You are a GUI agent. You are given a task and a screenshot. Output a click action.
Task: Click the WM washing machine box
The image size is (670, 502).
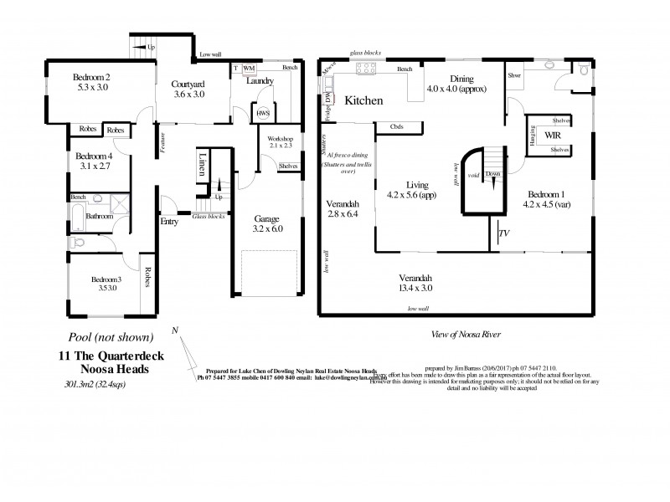pyautogui.click(x=249, y=68)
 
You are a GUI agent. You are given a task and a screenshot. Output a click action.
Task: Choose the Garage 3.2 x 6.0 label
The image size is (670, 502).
pyautogui.click(x=269, y=219)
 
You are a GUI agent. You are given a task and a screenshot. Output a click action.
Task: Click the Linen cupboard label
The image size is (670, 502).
pyautogui.click(x=201, y=164)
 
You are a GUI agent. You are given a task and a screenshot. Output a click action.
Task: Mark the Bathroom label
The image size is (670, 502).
pyautogui.click(x=98, y=215)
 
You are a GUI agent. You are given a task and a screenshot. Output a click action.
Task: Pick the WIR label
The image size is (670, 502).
pyautogui.click(x=552, y=134)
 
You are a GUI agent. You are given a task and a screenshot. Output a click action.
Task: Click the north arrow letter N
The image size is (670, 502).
pyautogui.click(x=174, y=330)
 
